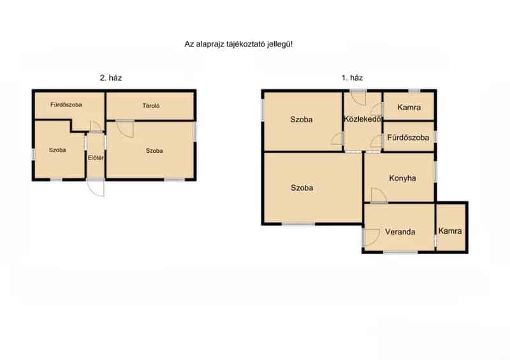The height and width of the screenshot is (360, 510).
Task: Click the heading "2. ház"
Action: click(x=111, y=78)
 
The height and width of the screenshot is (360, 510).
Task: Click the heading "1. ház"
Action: click(x=352, y=78)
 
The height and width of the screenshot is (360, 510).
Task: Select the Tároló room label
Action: click(x=151, y=106)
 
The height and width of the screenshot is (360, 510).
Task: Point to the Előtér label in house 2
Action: click(x=96, y=158)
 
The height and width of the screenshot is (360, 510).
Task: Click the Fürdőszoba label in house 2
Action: click(x=66, y=104)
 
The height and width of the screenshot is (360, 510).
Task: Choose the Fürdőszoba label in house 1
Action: click(x=408, y=138)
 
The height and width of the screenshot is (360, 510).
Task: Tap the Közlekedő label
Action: click(x=363, y=119)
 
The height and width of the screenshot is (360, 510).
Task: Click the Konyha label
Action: click(x=403, y=178)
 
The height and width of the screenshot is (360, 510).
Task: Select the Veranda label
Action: click(x=400, y=232)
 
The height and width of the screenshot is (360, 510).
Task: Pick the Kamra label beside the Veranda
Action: click(x=450, y=231)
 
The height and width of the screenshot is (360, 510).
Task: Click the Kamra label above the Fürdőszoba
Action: click(x=409, y=107)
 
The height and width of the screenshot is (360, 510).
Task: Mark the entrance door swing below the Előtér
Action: click(x=96, y=188)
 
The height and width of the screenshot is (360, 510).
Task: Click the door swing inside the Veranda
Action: click(x=371, y=238)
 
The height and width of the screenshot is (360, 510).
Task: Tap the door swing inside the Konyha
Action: click(x=379, y=195)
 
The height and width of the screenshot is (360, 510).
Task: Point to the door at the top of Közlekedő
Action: click(x=358, y=98)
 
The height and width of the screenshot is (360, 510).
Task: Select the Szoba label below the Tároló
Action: click(x=154, y=151)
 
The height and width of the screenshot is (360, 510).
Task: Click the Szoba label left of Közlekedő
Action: click(x=302, y=120)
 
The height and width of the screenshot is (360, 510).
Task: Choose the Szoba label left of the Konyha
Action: click(x=302, y=188)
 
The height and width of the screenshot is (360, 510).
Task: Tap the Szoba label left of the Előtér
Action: click(x=57, y=150)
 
